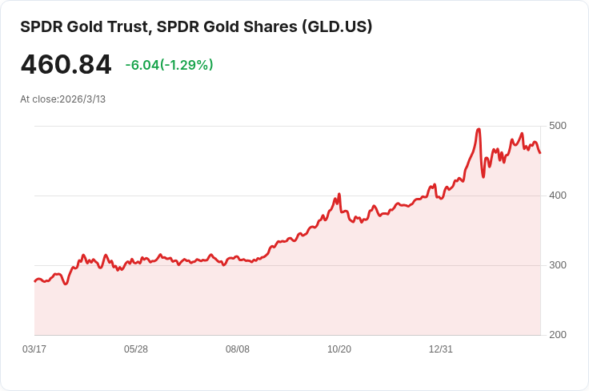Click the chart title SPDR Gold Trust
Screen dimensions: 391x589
pos(80,26)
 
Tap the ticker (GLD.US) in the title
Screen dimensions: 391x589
pos(337,26)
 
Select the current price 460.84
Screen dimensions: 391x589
pos(66,65)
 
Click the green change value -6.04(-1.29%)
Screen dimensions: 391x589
pos(169,65)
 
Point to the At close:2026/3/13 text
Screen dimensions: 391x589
pos(63,99)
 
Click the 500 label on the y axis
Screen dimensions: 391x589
pos(558,126)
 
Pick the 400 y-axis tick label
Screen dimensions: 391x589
pos(558,195)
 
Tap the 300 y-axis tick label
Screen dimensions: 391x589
pos(558,265)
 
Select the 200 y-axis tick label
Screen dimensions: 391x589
pos(558,335)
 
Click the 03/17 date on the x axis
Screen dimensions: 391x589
pos(34,349)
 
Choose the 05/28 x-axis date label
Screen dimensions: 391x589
pos(136,349)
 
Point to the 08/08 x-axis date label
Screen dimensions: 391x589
pos(238,349)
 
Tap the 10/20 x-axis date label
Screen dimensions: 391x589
pos(339,349)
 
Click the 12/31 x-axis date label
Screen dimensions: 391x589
pos(441,349)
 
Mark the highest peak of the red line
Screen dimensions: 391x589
pos(478,129)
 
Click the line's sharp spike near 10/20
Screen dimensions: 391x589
pos(339,194)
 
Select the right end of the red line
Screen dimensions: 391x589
pos(540,153)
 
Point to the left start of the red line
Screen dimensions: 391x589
pos(34,281)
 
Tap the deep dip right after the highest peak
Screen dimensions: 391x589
pos(483,176)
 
